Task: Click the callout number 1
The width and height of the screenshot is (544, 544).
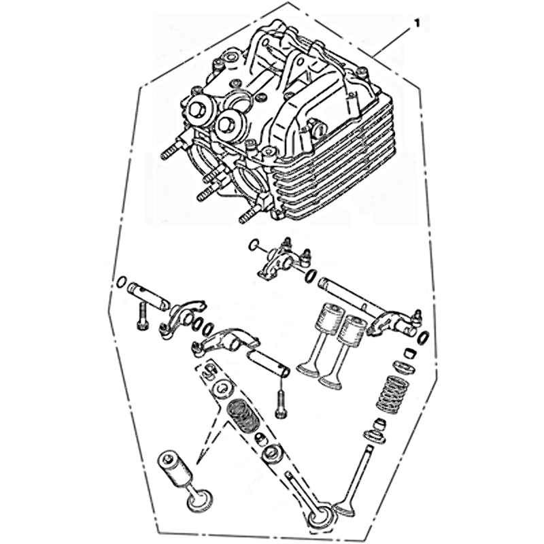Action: pos(417,23)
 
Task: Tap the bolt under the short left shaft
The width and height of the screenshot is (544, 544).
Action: pos(142,316)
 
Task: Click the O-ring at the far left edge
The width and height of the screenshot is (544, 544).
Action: pos(121,282)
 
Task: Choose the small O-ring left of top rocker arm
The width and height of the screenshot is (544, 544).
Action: pos(254,245)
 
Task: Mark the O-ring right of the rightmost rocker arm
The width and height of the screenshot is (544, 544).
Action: pos(424,337)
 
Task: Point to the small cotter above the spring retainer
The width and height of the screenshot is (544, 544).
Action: pos(409,354)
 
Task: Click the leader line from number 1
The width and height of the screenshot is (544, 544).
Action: pos(393,40)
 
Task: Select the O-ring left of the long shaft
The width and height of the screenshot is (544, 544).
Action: pos(311,275)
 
